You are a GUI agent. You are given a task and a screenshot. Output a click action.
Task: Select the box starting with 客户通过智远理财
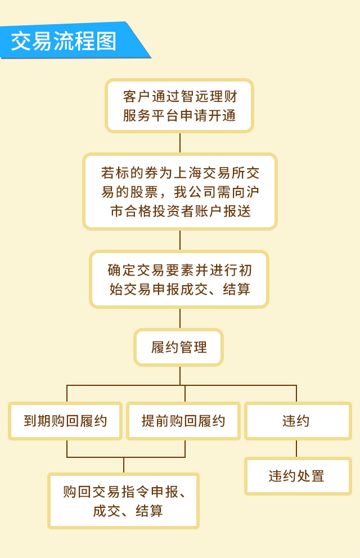point(179,106)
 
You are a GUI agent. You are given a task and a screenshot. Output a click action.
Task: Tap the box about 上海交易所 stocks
point(180,192)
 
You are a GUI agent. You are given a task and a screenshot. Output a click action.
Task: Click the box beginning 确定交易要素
point(179,280)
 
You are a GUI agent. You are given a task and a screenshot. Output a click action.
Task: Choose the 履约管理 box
point(179,347)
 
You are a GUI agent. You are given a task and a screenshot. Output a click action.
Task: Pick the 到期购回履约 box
point(65,421)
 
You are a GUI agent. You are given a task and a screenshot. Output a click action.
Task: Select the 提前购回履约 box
point(183,421)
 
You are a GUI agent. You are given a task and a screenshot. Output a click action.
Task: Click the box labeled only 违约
point(298,421)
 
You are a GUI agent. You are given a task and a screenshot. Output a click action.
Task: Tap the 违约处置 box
point(298,476)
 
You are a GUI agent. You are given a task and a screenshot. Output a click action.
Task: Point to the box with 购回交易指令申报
point(123,501)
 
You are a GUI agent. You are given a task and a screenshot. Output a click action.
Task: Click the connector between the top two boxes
point(180,143)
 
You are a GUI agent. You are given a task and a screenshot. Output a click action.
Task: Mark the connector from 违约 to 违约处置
point(296,449)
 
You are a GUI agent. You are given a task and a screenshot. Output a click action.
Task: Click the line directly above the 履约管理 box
point(180,318)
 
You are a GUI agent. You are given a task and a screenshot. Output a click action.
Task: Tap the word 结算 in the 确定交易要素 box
point(237,289)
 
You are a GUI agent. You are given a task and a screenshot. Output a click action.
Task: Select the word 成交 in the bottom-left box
point(107,511)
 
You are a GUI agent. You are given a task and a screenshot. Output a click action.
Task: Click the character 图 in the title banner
point(106,41)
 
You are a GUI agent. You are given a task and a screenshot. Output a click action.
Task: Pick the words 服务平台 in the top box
point(151,116)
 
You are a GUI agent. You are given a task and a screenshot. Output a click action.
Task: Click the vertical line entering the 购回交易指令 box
point(124,465)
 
